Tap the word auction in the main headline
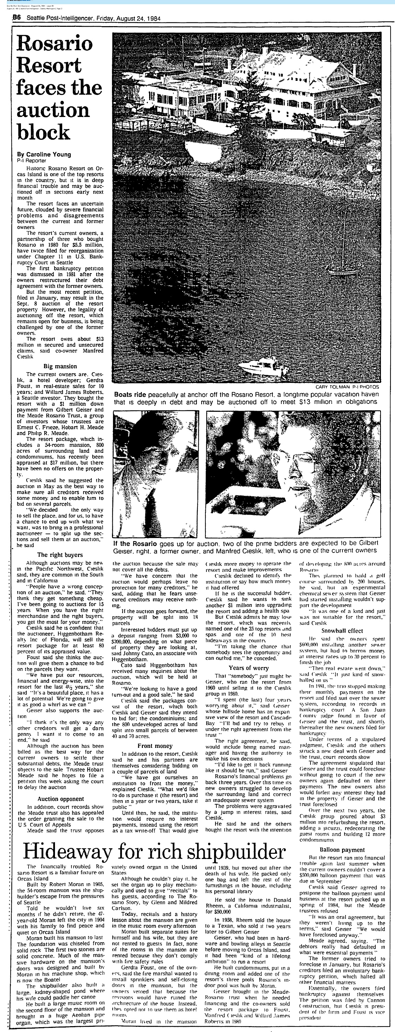coord(53,110)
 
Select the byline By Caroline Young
coord(44,154)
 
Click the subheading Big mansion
coord(60,366)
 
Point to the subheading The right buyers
coord(60,555)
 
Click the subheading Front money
coord(155,746)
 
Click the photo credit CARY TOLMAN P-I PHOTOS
coord(347,387)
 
